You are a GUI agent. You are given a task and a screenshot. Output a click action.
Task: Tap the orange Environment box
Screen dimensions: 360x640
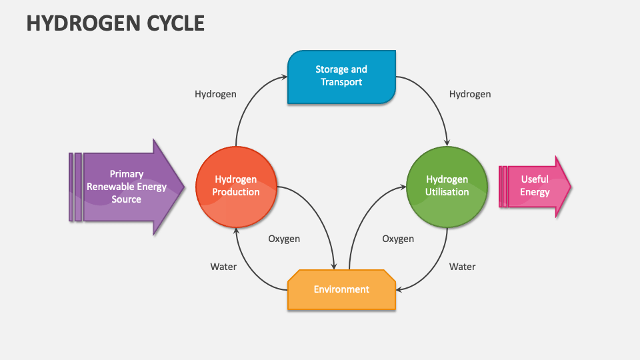click(341, 289)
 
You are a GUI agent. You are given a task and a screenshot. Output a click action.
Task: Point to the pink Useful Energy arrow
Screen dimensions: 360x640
click(535, 186)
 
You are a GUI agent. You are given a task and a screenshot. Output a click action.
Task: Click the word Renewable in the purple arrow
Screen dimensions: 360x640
click(111, 187)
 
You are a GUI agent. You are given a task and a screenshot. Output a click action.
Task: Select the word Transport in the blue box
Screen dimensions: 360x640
click(341, 82)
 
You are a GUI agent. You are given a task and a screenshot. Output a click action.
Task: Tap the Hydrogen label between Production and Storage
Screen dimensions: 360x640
click(215, 94)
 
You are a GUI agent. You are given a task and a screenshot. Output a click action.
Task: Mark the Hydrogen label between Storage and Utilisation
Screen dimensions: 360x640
click(470, 94)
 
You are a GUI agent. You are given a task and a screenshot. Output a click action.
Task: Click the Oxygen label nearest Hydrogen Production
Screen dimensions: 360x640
click(284, 239)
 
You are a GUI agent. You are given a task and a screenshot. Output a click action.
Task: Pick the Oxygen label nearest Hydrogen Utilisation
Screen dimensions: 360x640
click(398, 239)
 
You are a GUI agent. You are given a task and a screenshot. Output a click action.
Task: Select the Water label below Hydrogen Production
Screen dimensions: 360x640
click(223, 267)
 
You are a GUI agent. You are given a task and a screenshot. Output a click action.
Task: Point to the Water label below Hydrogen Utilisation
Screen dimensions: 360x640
click(462, 267)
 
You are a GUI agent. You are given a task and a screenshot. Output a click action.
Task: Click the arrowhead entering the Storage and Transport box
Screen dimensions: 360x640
click(285, 77)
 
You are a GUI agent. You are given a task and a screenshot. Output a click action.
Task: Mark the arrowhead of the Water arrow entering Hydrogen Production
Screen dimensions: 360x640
click(235, 230)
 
